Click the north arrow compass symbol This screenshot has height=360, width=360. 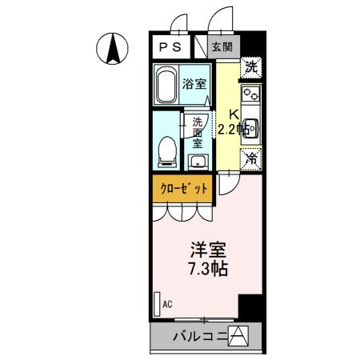coord(113,50)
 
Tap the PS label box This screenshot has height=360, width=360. coord(169,46)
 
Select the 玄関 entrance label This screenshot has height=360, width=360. coord(222,47)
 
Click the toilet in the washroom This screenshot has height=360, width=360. coord(167,150)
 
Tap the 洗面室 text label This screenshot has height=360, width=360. coord(198,134)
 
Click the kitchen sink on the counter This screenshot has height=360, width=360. coord(250,126)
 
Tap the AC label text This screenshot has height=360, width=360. coord(168,304)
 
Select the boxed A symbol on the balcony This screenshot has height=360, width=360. coord(239,337)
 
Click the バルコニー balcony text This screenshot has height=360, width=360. coord(200,338)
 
